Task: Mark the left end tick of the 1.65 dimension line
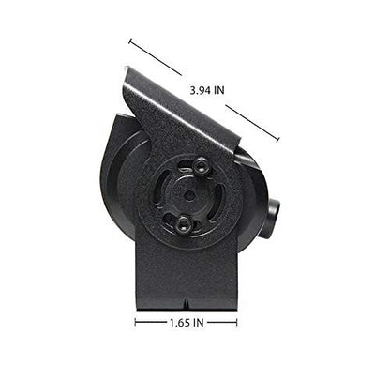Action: [x=135, y=322]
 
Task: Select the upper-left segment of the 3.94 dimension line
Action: [x=155, y=57]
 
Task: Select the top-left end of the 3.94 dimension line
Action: [x=129, y=40]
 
